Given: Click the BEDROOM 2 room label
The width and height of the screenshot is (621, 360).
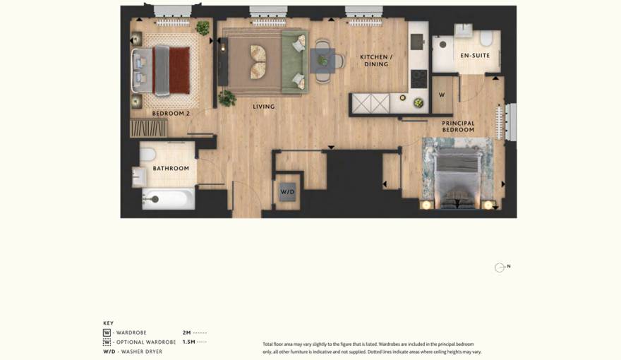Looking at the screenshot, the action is coord(171,114).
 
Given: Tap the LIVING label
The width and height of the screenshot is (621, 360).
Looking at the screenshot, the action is coord(264,107).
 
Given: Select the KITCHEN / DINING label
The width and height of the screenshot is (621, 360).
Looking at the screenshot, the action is coord(376,61).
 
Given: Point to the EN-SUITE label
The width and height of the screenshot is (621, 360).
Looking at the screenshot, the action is coord(475,56).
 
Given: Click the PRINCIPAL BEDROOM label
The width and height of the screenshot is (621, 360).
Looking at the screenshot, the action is coord(458,126).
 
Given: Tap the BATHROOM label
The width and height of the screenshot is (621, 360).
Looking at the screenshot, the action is coord(171,168).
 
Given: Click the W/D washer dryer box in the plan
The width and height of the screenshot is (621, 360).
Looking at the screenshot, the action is coord(287,192).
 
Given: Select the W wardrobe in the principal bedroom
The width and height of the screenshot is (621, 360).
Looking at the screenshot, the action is coord(442,95).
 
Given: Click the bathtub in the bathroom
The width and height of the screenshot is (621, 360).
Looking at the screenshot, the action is coord(169,199).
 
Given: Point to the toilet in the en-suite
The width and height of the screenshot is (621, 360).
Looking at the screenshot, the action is coord(486,38).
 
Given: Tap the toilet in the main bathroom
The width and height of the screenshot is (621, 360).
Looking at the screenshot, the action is coord(147,154).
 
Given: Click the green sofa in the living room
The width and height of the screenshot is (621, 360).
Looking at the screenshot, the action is coord(295,62).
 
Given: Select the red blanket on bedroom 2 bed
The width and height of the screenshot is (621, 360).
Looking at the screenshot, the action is coord(179,71).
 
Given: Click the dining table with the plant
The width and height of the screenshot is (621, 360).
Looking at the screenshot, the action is coord(322,61).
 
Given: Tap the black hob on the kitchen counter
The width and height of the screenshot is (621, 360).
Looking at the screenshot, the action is coord(418,79).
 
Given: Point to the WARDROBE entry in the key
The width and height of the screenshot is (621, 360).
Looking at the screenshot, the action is coord(125,332).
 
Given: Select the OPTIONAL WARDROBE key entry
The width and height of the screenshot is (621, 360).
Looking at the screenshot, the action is coord(140,342).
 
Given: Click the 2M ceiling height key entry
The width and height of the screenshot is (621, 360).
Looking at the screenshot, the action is coord(195,332).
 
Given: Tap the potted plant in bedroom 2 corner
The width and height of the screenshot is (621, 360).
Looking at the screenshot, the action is coord(203,28).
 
